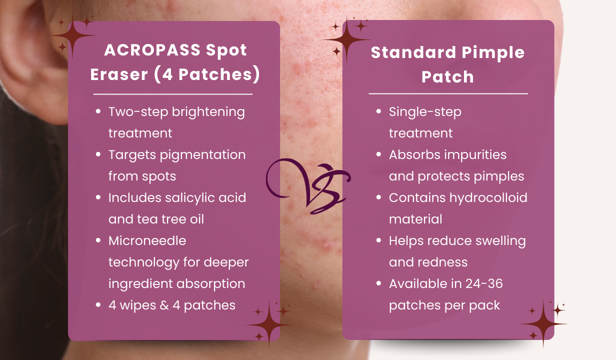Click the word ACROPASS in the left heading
tap(152, 50)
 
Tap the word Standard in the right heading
tap(413, 52)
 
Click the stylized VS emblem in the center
tap(308, 186)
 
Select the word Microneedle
tap(147, 241)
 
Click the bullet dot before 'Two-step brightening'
tap(98, 111)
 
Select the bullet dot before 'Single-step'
tap(378, 111)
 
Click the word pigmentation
tap(202, 155)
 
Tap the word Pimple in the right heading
tap(493, 53)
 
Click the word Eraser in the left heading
tap(119, 74)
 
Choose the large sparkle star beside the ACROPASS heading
tap(72, 36)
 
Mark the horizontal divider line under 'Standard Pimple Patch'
tap(448, 94)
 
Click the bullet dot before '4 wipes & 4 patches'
tap(98, 304)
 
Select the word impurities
tap(474, 155)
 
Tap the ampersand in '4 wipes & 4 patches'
tap(164, 305)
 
